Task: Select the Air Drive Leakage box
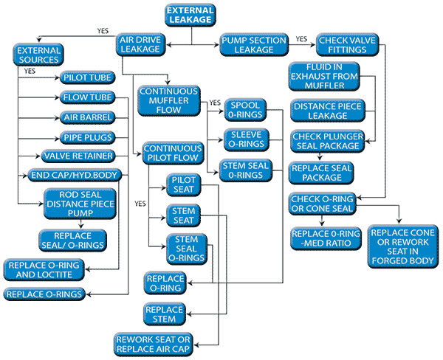click(x=140, y=44)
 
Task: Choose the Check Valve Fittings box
click(x=342, y=44)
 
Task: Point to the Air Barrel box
click(x=86, y=117)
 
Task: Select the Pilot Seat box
click(x=182, y=184)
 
